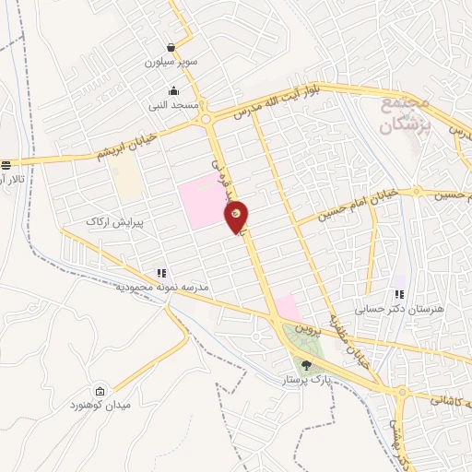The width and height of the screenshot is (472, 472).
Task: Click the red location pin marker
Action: [237, 215]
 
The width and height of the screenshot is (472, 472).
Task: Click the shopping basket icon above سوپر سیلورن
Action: [171, 47]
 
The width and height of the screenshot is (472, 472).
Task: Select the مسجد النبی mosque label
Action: [168, 106]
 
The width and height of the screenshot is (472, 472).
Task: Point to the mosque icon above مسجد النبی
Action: [174, 90]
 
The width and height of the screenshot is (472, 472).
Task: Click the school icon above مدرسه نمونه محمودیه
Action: [162, 273]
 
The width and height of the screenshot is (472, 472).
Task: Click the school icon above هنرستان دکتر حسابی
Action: [399, 295]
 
